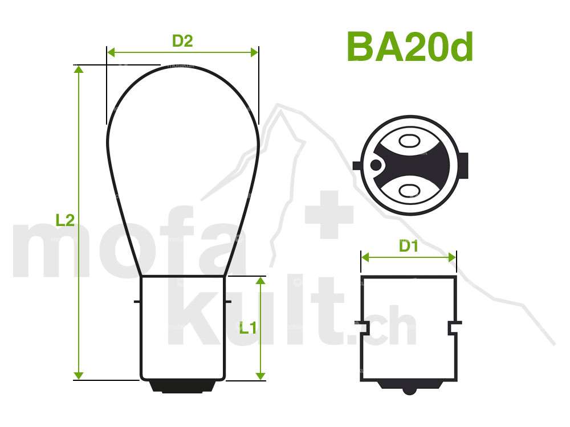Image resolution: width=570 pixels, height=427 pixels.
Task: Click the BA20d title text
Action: pos(409,47)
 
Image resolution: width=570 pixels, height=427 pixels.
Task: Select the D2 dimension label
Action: pos(182,41)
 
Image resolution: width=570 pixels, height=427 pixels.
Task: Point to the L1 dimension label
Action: pos(247,328)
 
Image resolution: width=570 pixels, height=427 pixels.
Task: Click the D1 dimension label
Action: pos(408,246)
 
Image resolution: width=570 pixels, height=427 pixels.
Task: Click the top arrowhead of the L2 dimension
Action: pos(79,69)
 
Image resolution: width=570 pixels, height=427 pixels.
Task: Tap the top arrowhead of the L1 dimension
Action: pos(260,281)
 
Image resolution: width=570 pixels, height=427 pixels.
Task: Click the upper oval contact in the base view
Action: pos(409,140)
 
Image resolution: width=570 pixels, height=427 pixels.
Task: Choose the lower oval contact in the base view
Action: pos(409,191)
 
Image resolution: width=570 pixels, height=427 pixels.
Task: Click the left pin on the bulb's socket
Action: pos(137,301)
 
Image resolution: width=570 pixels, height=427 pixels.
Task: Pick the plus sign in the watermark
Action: pos(329,215)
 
